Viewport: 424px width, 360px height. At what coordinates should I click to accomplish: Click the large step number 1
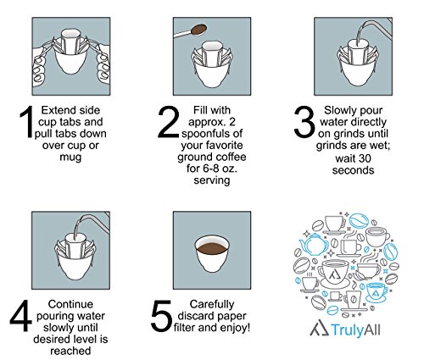pos(28,122)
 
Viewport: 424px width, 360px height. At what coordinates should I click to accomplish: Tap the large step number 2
pos(168,122)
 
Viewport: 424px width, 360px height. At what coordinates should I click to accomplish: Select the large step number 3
pos(304,122)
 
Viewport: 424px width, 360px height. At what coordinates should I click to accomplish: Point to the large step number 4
pos(20,316)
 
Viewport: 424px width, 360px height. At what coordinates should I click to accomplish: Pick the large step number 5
pos(161,316)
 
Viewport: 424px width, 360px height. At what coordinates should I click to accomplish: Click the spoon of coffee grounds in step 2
pos(190,31)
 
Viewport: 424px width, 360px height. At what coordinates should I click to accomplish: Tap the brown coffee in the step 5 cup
pos(212,249)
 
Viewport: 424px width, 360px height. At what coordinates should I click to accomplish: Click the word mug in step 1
pos(70,158)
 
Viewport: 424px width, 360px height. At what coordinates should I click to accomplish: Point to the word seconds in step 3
pos(353,170)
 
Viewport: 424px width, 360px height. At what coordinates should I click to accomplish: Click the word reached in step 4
pos(70,351)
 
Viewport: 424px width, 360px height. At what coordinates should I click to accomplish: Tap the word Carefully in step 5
pos(212,305)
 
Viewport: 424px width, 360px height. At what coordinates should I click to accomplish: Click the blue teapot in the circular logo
pos(314,244)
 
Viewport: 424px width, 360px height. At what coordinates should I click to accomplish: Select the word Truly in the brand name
pos(347,330)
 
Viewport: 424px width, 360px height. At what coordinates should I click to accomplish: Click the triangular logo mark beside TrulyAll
pos(319,328)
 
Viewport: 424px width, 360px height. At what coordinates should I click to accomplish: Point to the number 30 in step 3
pos(365,158)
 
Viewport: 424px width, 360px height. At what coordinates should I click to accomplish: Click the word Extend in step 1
pos(55,110)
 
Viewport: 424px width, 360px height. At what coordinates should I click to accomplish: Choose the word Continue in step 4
pos(70,304)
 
